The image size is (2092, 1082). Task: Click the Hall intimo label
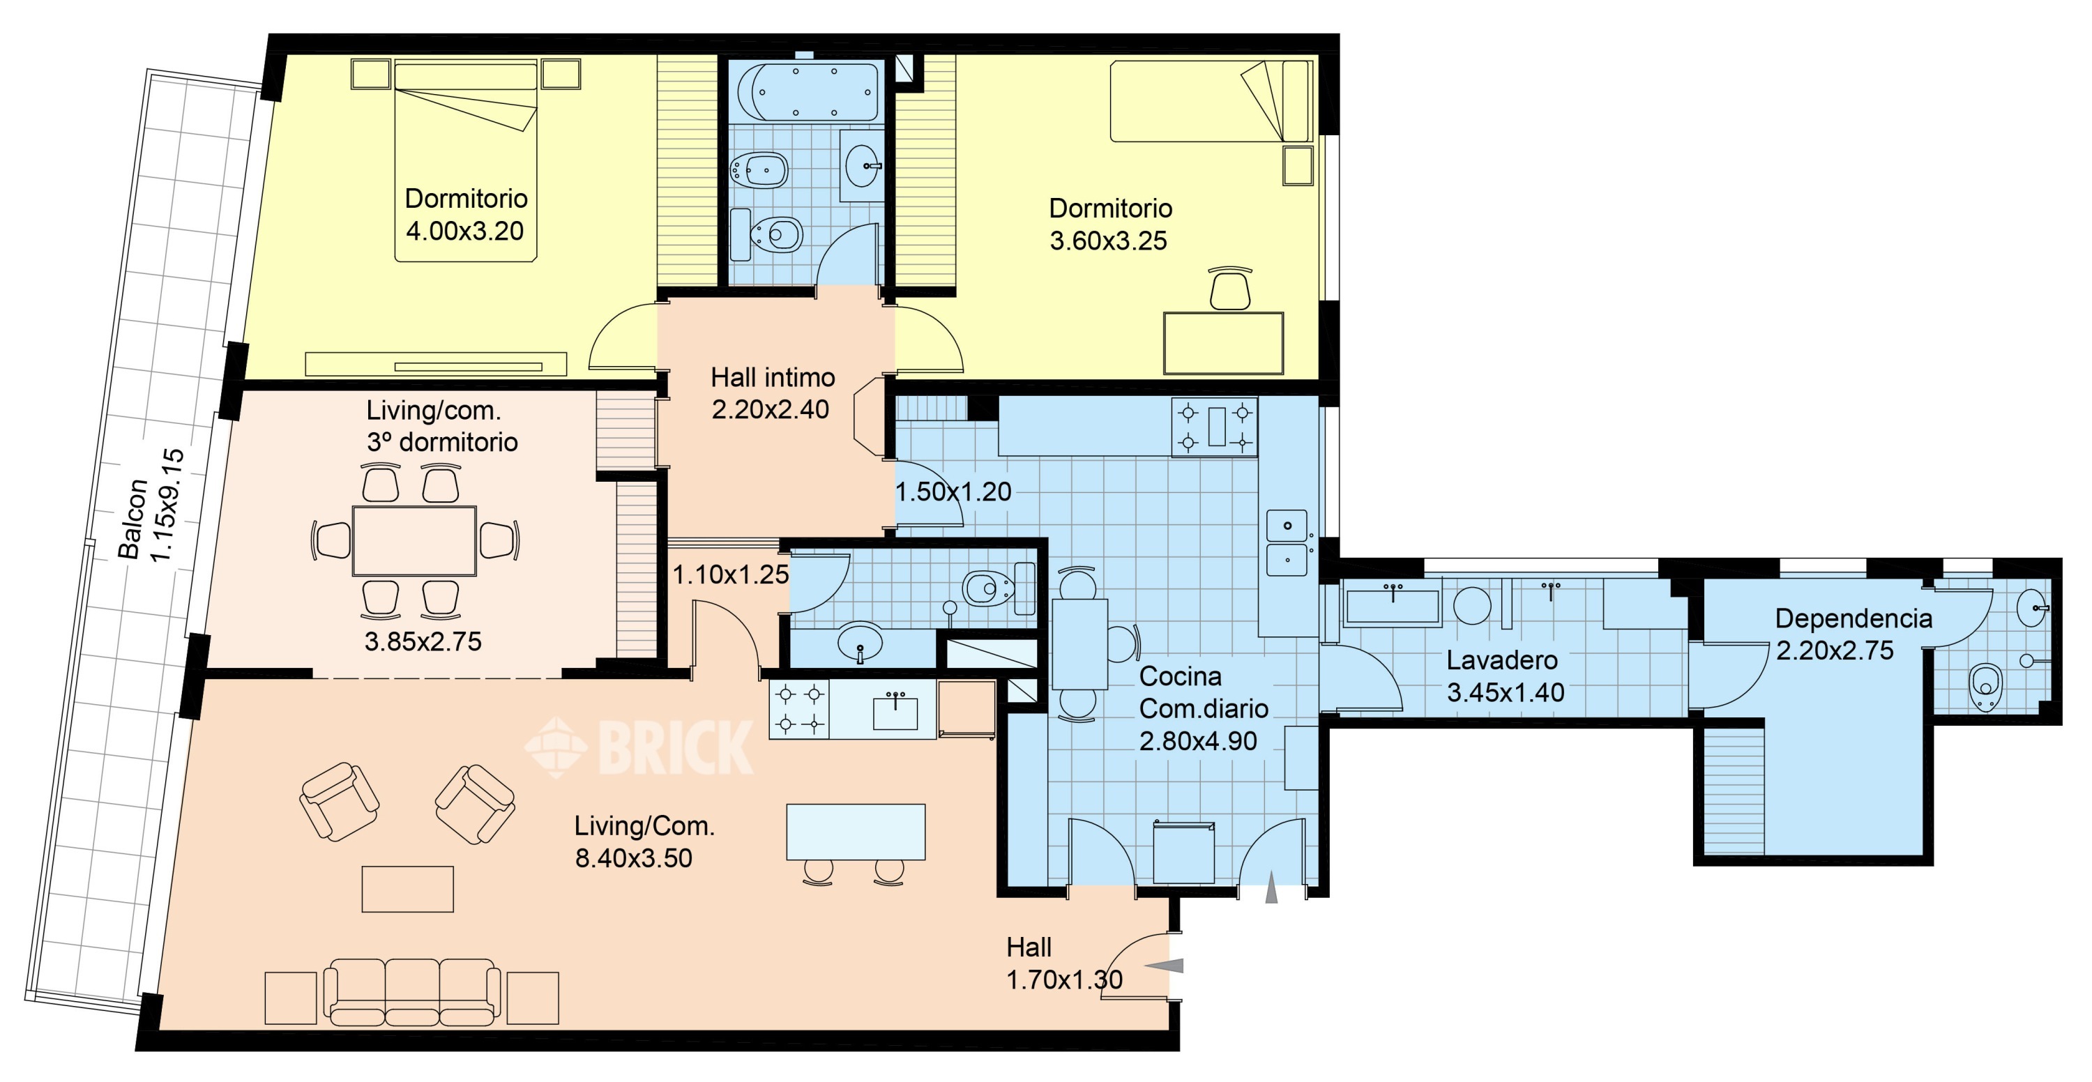click(x=773, y=377)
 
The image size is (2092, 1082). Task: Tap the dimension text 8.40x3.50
click(x=633, y=858)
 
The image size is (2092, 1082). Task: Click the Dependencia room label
click(x=1854, y=618)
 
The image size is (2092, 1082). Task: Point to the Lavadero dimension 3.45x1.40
click(x=1506, y=692)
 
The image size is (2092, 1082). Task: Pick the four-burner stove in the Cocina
click(x=1214, y=427)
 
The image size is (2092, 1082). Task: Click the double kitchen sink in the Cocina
click(x=1287, y=543)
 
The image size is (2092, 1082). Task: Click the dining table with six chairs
click(x=414, y=540)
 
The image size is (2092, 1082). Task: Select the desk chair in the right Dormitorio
click(x=1229, y=289)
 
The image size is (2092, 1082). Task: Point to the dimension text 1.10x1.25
click(x=730, y=574)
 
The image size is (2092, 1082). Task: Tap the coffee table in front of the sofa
click(x=408, y=889)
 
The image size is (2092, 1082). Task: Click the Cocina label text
click(x=1180, y=676)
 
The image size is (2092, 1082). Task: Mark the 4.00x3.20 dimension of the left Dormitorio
click(x=464, y=231)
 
